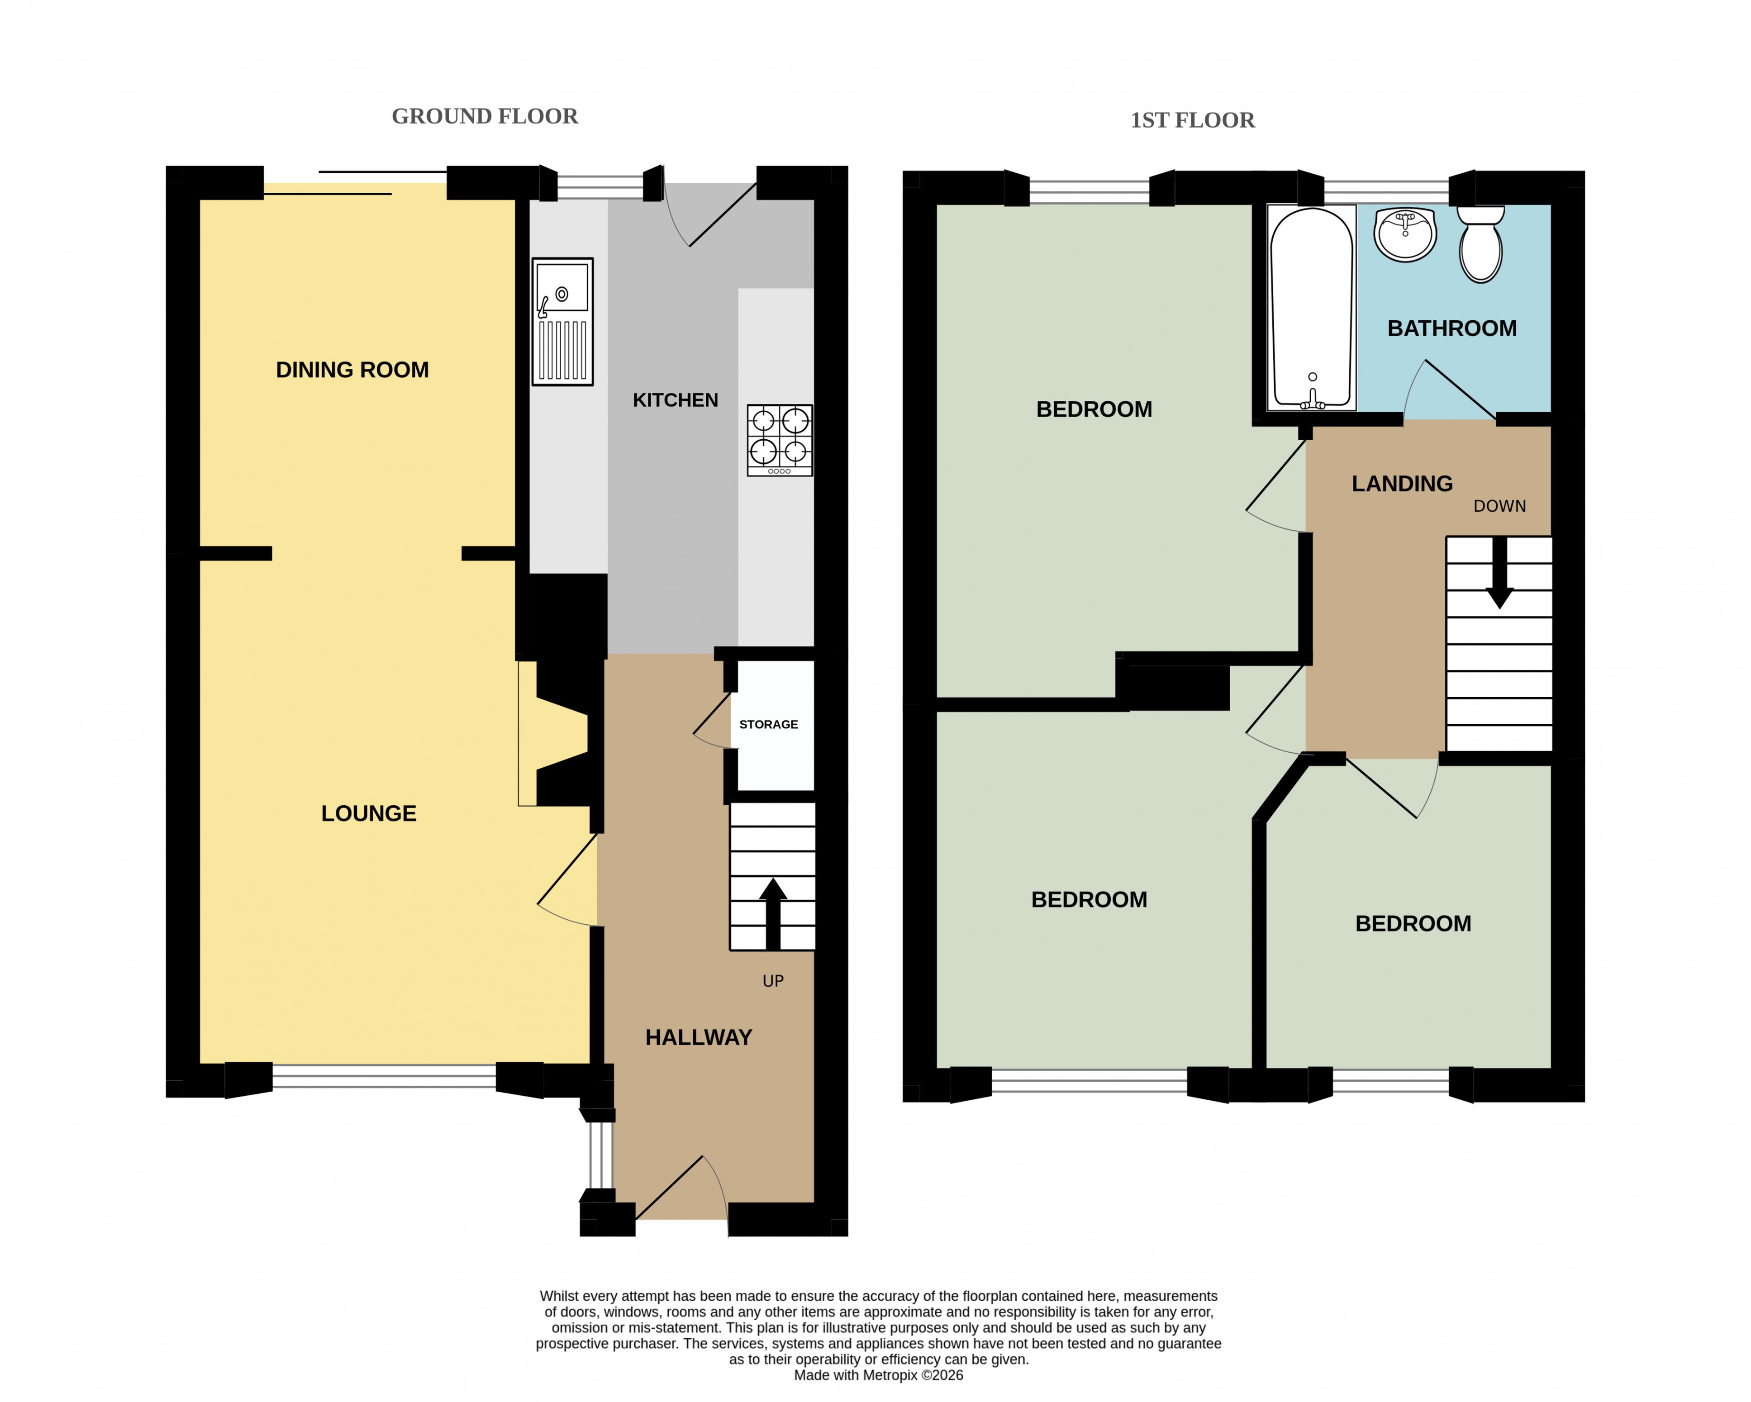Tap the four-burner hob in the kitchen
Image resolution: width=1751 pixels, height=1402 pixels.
coord(780,440)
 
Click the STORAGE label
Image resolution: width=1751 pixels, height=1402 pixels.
coord(768,725)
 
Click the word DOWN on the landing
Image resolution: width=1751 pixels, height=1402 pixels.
coord(1500,506)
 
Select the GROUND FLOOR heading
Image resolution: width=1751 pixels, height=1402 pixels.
coord(485,116)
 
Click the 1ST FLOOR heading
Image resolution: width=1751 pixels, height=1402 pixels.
coord(1192,120)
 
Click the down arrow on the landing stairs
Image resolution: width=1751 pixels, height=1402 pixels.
coord(1499,573)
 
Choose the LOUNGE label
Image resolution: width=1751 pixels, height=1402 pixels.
coord(369,813)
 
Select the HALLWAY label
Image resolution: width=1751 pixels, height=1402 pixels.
coord(699,1037)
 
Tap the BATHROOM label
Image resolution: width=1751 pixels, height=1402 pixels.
coord(1452,328)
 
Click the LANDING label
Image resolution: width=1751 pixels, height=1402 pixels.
coord(1402,484)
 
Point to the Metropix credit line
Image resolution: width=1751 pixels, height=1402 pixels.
coord(879,1375)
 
